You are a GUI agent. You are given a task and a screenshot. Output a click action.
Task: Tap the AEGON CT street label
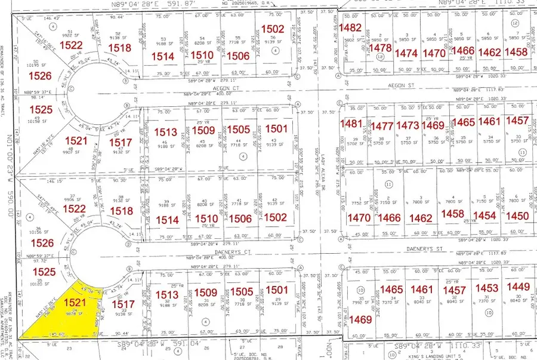(x=186, y=87)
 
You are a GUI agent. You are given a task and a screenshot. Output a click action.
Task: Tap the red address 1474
(x=406, y=53)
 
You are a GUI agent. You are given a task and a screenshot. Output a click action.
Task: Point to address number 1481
(x=351, y=124)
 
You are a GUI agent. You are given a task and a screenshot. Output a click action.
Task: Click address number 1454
(x=484, y=216)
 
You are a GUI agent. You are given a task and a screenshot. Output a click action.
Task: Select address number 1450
(x=517, y=216)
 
